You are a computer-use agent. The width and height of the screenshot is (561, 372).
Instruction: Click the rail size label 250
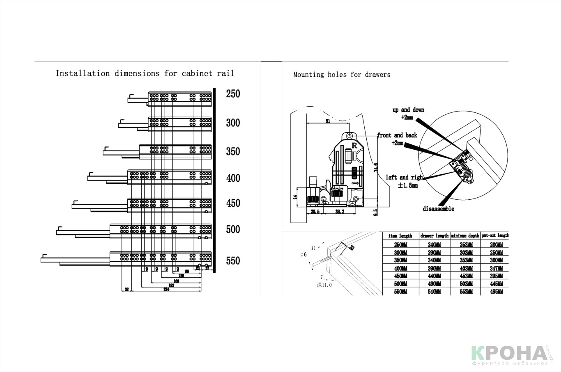pos(233,94)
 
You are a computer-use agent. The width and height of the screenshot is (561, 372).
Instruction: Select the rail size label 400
pos(233,178)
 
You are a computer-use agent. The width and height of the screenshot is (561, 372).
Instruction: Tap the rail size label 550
pos(233,261)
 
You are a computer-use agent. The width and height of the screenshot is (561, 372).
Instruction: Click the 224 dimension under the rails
pos(166,289)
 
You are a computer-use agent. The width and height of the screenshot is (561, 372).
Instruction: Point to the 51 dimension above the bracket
pos(327,121)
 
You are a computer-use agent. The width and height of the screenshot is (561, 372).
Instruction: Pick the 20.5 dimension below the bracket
pos(315,212)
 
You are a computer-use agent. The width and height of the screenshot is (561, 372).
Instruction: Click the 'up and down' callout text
pos(408,110)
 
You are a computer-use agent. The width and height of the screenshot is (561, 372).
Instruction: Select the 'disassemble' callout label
pos(439,209)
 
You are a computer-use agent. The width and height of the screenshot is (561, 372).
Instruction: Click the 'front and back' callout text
pos(397,135)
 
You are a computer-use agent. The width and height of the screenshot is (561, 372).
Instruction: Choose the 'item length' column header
pos(400,236)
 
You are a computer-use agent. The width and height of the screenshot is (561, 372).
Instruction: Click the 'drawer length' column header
pos(434,236)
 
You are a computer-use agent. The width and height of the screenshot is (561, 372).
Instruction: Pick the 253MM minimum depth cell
pos(465,244)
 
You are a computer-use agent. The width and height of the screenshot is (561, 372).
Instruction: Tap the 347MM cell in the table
pos(496,268)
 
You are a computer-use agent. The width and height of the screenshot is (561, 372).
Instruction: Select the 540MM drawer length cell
pos(434,292)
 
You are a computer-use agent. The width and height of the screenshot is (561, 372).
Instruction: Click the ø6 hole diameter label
pos(303,255)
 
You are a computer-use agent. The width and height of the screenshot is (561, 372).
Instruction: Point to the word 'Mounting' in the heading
pos(308,75)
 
